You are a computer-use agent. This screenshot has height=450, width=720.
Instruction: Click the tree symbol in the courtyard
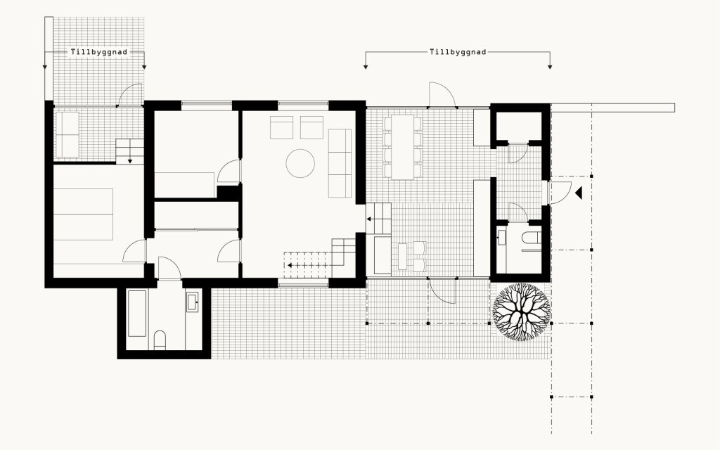[521, 312]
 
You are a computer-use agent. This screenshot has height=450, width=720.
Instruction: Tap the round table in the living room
[300, 163]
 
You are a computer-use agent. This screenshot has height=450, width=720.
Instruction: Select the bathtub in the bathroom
[137, 313]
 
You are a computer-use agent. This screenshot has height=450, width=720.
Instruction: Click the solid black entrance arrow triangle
[579, 193]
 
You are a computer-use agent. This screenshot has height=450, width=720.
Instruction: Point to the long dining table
[403, 147]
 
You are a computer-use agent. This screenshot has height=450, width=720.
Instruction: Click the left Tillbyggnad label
[98, 52]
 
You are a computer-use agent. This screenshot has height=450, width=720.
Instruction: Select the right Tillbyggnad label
[458, 52]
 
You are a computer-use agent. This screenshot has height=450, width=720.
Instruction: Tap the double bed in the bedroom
[83, 214]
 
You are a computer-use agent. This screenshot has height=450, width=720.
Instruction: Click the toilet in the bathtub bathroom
[160, 340]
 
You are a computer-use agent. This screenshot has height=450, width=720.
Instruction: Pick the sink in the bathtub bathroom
[193, 302]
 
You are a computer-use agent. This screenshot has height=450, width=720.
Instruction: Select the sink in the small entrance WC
[501, 238]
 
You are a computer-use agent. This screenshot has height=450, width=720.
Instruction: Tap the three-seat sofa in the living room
[340, 163]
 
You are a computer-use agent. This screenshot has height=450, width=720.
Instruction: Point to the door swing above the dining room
[442, 95]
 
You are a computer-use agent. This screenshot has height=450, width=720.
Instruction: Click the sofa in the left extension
[67, 134]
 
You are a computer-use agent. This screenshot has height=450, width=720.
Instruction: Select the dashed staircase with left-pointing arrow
[307, 265]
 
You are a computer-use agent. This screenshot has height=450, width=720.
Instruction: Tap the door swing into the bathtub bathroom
[169, 268]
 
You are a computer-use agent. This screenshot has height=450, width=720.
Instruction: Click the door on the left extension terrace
[130, 95]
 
